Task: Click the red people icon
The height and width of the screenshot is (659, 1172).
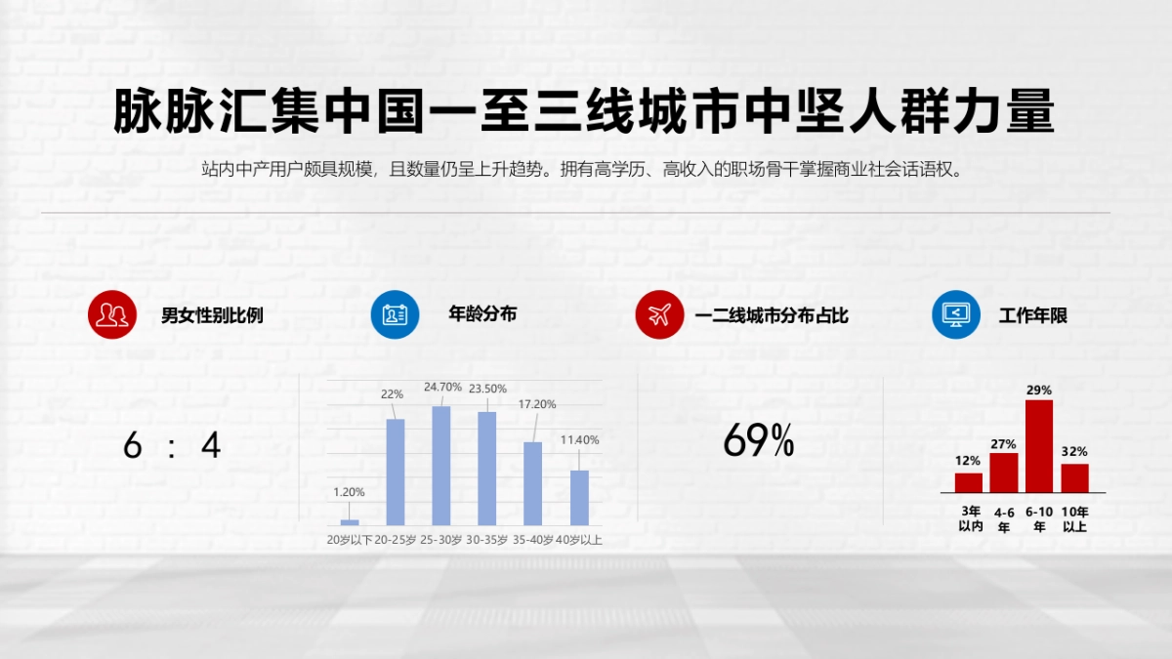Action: pyautogui.click(x=111, y=314)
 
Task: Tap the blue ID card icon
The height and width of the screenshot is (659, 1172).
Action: pyautogui.click(x=395, y=314)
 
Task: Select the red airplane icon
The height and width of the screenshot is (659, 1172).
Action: pyautogui.click(x=659, y=314)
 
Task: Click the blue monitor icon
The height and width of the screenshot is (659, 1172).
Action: pyautogui.click(x=956, y=314)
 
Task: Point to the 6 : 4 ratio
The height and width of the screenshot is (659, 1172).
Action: pyautogui.click(x=172, y=446)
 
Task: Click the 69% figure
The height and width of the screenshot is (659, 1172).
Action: pyautogui.click(x=759, y=442)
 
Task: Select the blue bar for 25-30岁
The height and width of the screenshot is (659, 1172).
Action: pyautogui.click(x=441, y=466)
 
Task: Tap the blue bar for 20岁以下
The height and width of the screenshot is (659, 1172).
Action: pyautogui.click(x=350, y=522)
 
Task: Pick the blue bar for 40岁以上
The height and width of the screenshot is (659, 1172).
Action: pyautogui.click(x=579, y=498)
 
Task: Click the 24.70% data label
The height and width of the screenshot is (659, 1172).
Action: pyautogui.click(x=442, y=388)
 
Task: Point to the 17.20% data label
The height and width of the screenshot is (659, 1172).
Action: pyautogui.click(x=537, y=404)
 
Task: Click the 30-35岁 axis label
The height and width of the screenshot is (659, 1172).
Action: pyautogui.click(x=487, y=540)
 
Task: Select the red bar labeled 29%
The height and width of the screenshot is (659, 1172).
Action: pyautogui.click(x=1039, y=445)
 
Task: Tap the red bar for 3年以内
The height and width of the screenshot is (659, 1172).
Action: pyautogui.click(x=968, y=482)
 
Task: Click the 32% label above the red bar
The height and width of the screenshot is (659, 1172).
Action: pyautogui.click(x=1074, y=452)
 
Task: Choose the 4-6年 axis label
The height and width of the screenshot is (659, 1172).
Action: pyautogui.click(x=1004, y=519)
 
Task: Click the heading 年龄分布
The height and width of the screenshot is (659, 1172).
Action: pyautogui.click(x=482, y=314)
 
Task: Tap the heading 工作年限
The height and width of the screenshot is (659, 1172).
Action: pyautogui.click(x=1033, y=316)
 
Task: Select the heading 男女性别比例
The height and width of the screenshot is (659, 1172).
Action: pyautogui.click(x=212, y=316)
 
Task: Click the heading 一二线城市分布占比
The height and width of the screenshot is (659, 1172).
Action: pyautogui.click(x=772, y=316)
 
